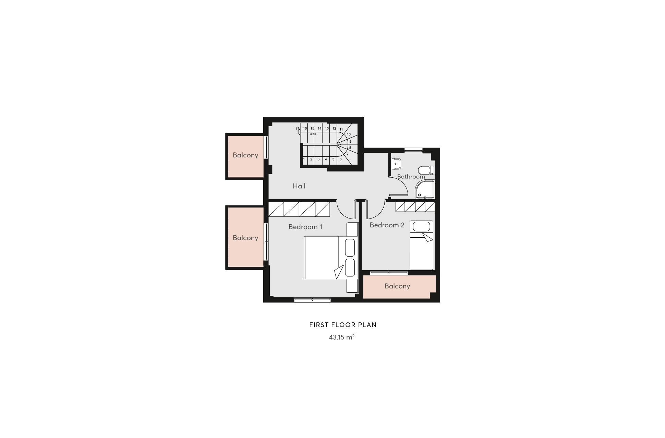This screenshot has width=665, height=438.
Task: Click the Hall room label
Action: [299, 186]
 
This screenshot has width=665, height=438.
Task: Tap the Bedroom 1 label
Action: [305, 227]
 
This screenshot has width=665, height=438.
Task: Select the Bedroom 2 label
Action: [387, 225]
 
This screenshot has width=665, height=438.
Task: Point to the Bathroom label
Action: [411, 177]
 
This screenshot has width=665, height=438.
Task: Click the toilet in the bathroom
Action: [426, 170]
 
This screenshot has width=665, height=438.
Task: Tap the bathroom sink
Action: [397, 164]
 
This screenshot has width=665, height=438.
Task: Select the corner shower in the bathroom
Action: [425, 190]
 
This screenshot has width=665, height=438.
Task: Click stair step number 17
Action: [298, 129]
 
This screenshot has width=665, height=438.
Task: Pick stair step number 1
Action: [304, 159]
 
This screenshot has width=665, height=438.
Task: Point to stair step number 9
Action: [350, 141]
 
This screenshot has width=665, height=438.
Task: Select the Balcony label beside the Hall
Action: [245, 155]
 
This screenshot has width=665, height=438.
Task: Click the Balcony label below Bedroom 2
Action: [397, 286]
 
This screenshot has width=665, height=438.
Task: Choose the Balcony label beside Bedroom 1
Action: [245, 238]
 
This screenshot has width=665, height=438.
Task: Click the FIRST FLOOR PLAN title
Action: [343, 325]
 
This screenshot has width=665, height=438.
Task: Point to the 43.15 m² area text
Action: [341, 337]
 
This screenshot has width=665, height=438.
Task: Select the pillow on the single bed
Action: [421, 226]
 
